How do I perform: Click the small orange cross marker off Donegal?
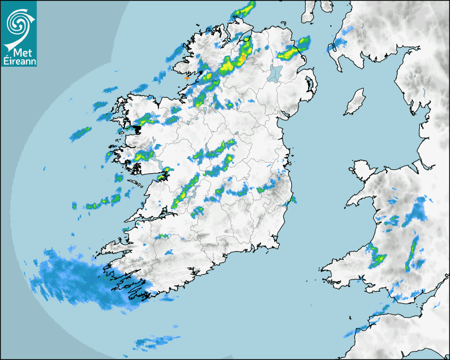coord(186,78)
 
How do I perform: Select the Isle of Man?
coord(355,102)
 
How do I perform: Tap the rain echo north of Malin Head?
coord(244,10)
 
